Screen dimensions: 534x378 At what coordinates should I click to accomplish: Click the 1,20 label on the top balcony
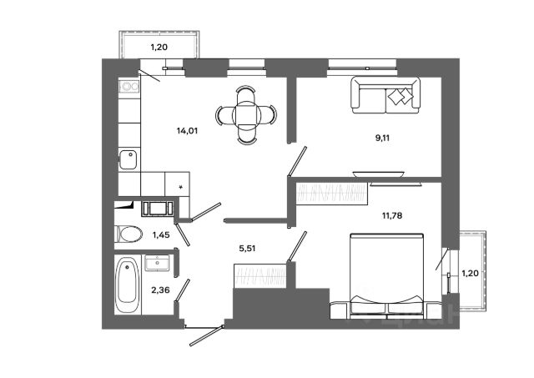pyautogui.click(x=159, y=48)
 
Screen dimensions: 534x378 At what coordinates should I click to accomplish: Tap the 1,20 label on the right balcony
pyautogui.click(x=471, y=273)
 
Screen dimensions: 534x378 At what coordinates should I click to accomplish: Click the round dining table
pyautogui.click(x=246, y=114)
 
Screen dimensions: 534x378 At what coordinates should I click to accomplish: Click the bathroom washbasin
pyautogui.click(x=159, y=264)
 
